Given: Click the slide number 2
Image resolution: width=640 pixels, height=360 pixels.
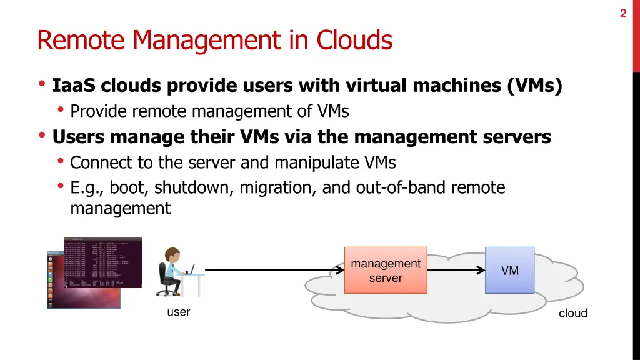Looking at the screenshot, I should pyautogui.click(x=623, y=13).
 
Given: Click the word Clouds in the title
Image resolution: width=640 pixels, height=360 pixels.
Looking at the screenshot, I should pyautogui.click(x=354, y=41).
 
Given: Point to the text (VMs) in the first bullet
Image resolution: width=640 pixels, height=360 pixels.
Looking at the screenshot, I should pyautogui.click(x=535, y=85).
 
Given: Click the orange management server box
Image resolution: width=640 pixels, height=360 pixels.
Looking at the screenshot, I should pyautogui.click(x=386, y=271).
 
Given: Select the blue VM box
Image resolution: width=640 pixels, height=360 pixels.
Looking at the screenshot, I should pyautogui.click(x=510, y=271).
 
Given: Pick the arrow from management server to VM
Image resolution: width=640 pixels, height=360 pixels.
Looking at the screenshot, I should pyautogui.click(x=456, y=271).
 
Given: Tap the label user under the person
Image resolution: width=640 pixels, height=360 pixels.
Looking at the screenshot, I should pyautogui.click(x=178, y=312).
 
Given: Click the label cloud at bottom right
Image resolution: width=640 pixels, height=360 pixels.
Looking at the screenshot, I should pyautogui.click(x=572, y=314).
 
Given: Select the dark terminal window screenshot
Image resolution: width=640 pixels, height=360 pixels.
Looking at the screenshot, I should pyautogui.click(x=102, y=262).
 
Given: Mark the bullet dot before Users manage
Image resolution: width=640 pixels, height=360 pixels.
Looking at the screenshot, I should pyautogui.click(x=42, y=136).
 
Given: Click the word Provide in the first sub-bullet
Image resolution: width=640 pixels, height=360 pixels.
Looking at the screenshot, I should pyautogui.click(x=99, y=111).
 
